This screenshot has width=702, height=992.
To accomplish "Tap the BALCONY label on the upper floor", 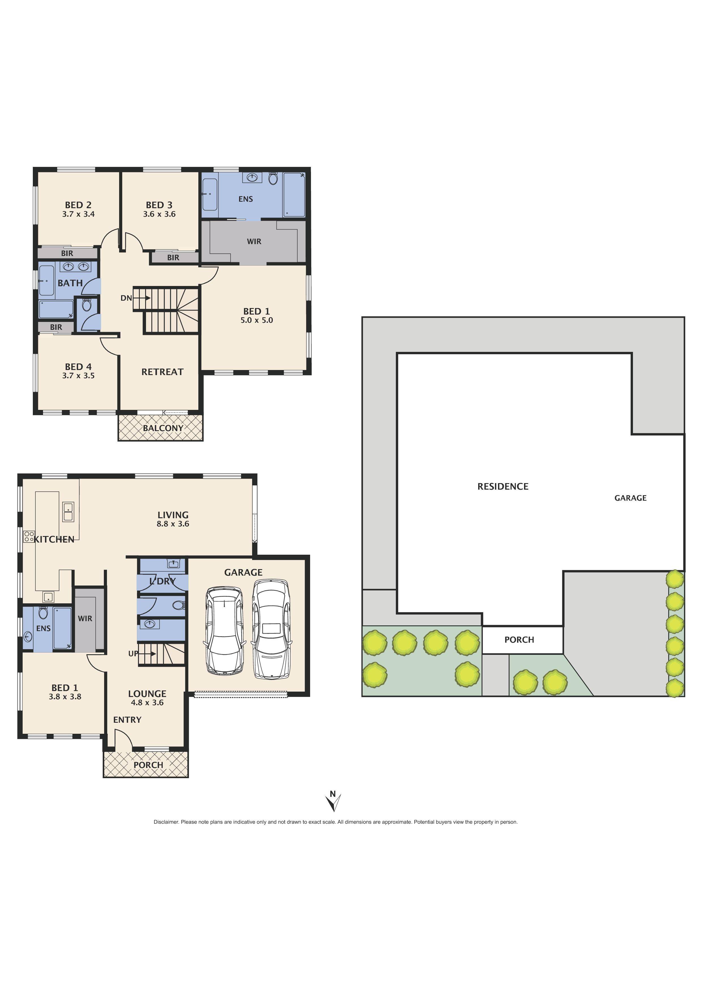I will click(163, 428).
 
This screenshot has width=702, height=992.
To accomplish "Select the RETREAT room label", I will click(162, 372).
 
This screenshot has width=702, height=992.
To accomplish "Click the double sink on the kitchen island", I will click(68, 511).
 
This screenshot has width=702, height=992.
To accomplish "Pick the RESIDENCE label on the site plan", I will click(503, 487).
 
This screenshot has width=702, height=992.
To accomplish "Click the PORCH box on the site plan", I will click(519, 640).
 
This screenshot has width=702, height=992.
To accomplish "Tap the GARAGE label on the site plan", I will click(630, 498).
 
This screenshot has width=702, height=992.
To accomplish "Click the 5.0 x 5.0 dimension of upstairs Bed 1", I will click(257, 320).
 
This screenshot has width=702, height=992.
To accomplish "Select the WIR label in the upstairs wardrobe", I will click(254, 242).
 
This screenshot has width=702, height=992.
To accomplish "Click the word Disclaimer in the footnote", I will click(166, 822).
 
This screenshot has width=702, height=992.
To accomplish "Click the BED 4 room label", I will click(78, 367).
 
